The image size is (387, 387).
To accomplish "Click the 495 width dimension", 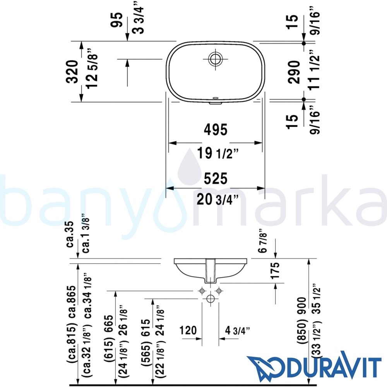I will tap(216, 130).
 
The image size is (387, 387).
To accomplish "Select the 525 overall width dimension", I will tap(216, 178).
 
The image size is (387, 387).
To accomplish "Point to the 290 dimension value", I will tap(294, 72).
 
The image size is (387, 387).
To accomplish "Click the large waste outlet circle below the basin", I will tap(210, 298).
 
